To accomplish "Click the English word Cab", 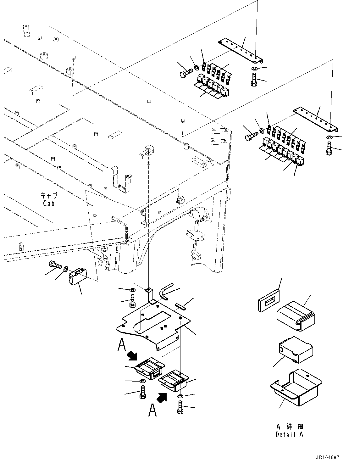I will (x=49, y=204).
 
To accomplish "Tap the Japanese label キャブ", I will (x=49, y=195).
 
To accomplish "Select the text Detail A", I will (x=289, y=435).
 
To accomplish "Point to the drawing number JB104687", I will (x=328, y=458).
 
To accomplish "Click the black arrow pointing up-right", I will (x=162, y=398).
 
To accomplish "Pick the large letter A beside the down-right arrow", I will (x=122, y=344).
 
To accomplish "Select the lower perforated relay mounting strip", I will (x=316, y=120).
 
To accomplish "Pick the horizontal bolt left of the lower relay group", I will (x=251, y=136).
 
